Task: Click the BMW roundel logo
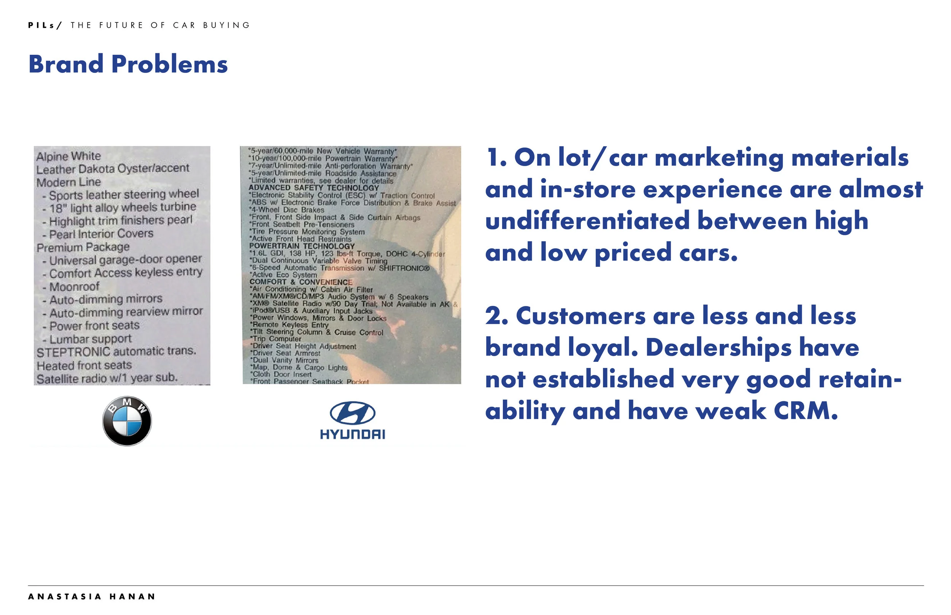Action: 127,421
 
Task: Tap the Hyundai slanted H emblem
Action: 352,412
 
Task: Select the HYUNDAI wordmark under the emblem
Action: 352,434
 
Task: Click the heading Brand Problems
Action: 128,64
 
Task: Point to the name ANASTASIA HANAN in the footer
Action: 92,597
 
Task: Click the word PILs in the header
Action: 41,25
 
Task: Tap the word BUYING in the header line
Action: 227,25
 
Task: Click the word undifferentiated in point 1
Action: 587,221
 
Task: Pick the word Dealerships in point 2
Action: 718,347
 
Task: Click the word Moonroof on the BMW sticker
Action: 74,287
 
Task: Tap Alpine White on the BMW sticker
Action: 68,156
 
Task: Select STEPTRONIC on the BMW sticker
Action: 73,352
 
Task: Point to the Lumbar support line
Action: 90,339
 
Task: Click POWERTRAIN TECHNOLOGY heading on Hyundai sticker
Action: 302,246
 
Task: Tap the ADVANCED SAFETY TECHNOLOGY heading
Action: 313,188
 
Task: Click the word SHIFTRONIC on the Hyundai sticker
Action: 404,268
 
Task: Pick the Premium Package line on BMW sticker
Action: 83,247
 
